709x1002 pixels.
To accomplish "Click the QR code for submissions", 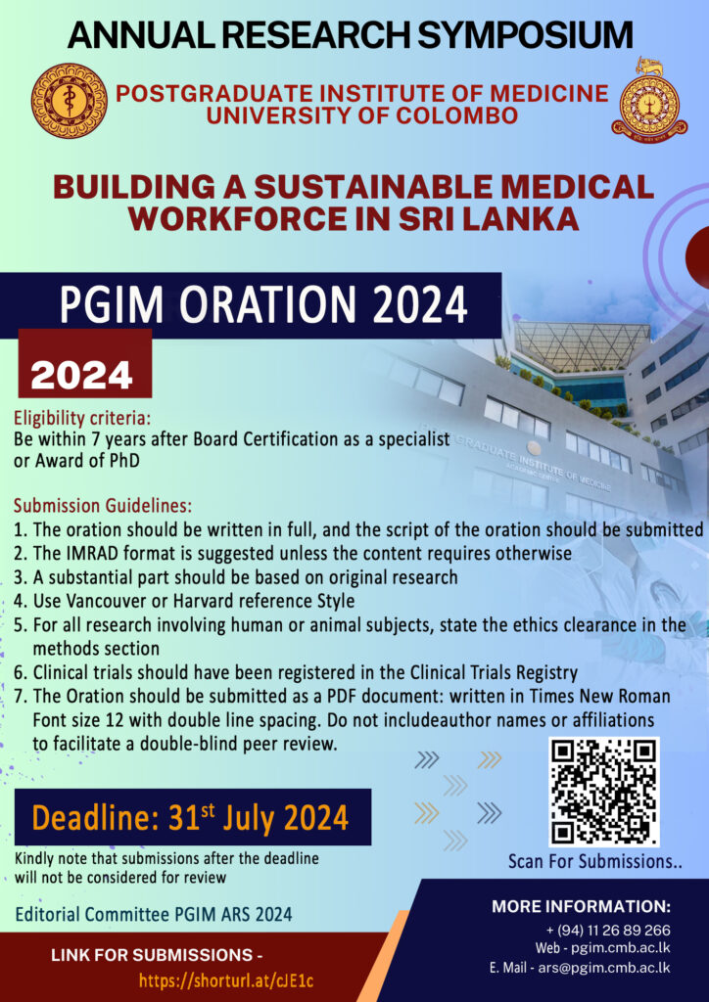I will pyautogui.click(x=603, y=792).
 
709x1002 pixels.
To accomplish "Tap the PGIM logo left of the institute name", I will pyautogui.click(x=69, y=101).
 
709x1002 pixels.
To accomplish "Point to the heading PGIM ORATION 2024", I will pyautogui.click(x=263, y=306).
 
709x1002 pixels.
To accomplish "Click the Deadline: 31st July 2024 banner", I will pyautogui.click(x=192, y=816).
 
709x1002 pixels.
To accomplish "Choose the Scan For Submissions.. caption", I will pyautogui.click(x=594, y=862).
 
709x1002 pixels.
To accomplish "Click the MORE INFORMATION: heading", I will pyautogui.click(x=582, y=906).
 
